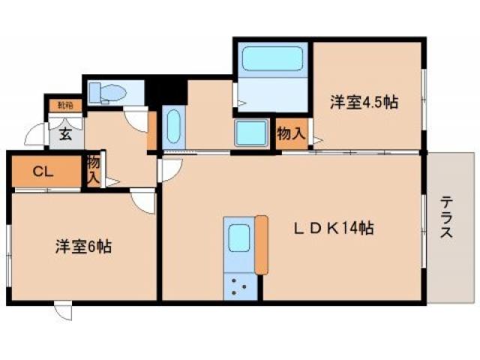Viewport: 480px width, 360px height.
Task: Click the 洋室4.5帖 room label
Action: tap(364, 104)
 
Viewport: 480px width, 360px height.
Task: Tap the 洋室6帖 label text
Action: tap(82, 246)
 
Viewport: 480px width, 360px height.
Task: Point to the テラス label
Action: tap(447, 217)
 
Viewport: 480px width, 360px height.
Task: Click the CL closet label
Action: tap(42, 172)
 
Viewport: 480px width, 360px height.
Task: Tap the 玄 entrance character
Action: tap(65, 136)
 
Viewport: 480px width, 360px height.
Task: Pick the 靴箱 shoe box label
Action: tap(65, 106)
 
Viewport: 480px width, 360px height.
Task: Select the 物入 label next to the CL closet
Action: tap(93, 170)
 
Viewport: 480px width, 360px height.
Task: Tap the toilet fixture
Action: tap(110, 93)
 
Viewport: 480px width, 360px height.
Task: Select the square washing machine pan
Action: tap(253, 134)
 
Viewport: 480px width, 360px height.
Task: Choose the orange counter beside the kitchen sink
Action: tap(261, 244)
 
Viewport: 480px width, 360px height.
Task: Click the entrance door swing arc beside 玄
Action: tap(36, 136)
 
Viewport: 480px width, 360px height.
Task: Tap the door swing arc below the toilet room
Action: tap(138, 118)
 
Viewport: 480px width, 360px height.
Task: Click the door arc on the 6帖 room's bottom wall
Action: tap(63, 310)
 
